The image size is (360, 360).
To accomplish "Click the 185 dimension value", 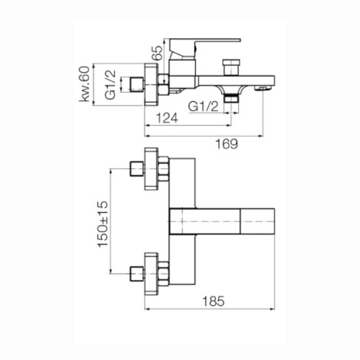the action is tap(214, 301).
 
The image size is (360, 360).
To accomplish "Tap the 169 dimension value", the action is tap(227, 144).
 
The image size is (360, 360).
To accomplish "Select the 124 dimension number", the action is tap(167, 118).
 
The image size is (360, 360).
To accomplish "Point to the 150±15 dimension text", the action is tap(103, 224).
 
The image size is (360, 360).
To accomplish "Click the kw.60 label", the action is tap(84, 83).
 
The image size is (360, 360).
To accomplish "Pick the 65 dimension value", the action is tap(157, 53).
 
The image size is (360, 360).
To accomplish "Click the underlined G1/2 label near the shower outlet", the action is tap(204, 106).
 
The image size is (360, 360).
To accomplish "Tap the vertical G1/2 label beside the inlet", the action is tap(110, 84).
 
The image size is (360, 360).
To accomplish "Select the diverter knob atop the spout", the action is tap(231, 67).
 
